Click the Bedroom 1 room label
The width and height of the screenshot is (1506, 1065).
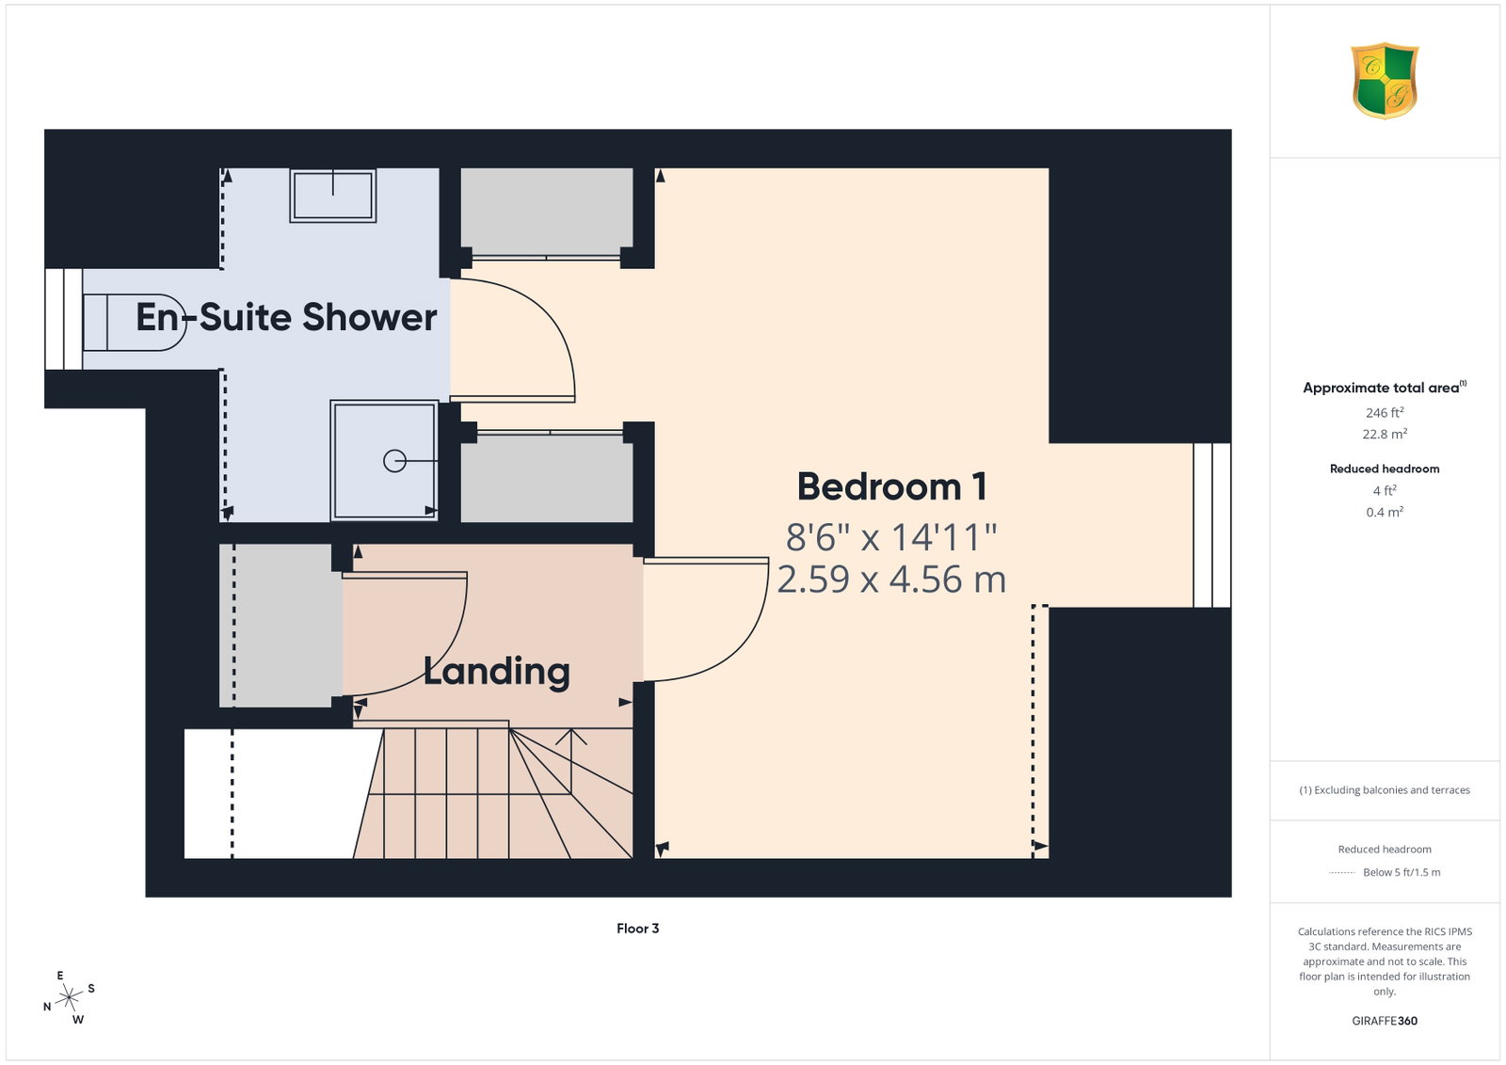(891, 486)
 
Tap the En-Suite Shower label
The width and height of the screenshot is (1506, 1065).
(286, 317)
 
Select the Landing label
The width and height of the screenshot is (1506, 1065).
(497, 671)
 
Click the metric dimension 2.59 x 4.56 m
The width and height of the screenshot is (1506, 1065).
(891, 580)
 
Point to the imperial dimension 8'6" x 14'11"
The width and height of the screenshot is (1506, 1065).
(891, 537)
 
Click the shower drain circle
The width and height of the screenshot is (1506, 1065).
(394, 461)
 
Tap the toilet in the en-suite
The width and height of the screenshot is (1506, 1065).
(135, 323)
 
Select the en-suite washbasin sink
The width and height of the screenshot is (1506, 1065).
(333, 195)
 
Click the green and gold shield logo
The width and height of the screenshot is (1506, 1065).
(1385, 81)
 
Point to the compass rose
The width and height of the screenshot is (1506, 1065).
(69, 997)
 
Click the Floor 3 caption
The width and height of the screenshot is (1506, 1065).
(637, 928)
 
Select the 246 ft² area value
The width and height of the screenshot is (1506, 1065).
(1385, 413)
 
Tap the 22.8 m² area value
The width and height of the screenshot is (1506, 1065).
(1385, 434)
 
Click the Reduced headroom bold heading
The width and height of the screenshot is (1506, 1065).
(1385, 469)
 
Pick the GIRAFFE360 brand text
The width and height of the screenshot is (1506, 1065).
(1385, 1021)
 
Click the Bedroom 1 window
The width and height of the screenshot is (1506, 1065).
(1212, 526)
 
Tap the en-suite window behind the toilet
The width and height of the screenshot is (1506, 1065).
(64, 319)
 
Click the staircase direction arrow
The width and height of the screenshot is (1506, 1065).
(570, 760)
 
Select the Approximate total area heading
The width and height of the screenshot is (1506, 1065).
(1385, 387)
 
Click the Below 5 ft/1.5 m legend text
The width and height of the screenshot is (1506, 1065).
(1402, 872)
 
